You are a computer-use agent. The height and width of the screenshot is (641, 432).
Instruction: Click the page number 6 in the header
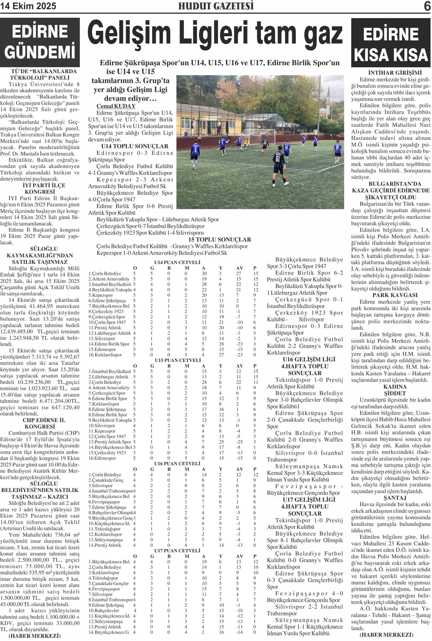pos(427,6)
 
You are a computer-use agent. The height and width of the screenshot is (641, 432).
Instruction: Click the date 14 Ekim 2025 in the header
pos(28,6)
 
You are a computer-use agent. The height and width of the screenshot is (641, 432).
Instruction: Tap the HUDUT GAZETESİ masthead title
pos(216,6)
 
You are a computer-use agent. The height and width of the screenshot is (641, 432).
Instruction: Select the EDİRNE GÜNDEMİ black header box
pos(40,42)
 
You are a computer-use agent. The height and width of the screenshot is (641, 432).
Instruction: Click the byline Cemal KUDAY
pos(116,106)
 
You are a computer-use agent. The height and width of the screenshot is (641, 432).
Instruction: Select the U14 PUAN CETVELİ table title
pos(177,262)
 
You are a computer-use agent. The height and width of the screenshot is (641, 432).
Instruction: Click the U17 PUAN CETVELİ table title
pos(177,551)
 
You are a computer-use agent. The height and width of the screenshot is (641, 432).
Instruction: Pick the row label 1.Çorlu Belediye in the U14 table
pos(105,273)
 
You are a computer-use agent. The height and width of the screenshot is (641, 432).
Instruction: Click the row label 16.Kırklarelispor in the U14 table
pos(105,355)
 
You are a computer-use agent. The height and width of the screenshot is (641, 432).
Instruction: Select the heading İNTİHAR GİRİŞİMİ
pos(391,73)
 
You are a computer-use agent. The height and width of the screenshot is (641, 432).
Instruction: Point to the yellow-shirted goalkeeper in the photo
pos(247,143)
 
